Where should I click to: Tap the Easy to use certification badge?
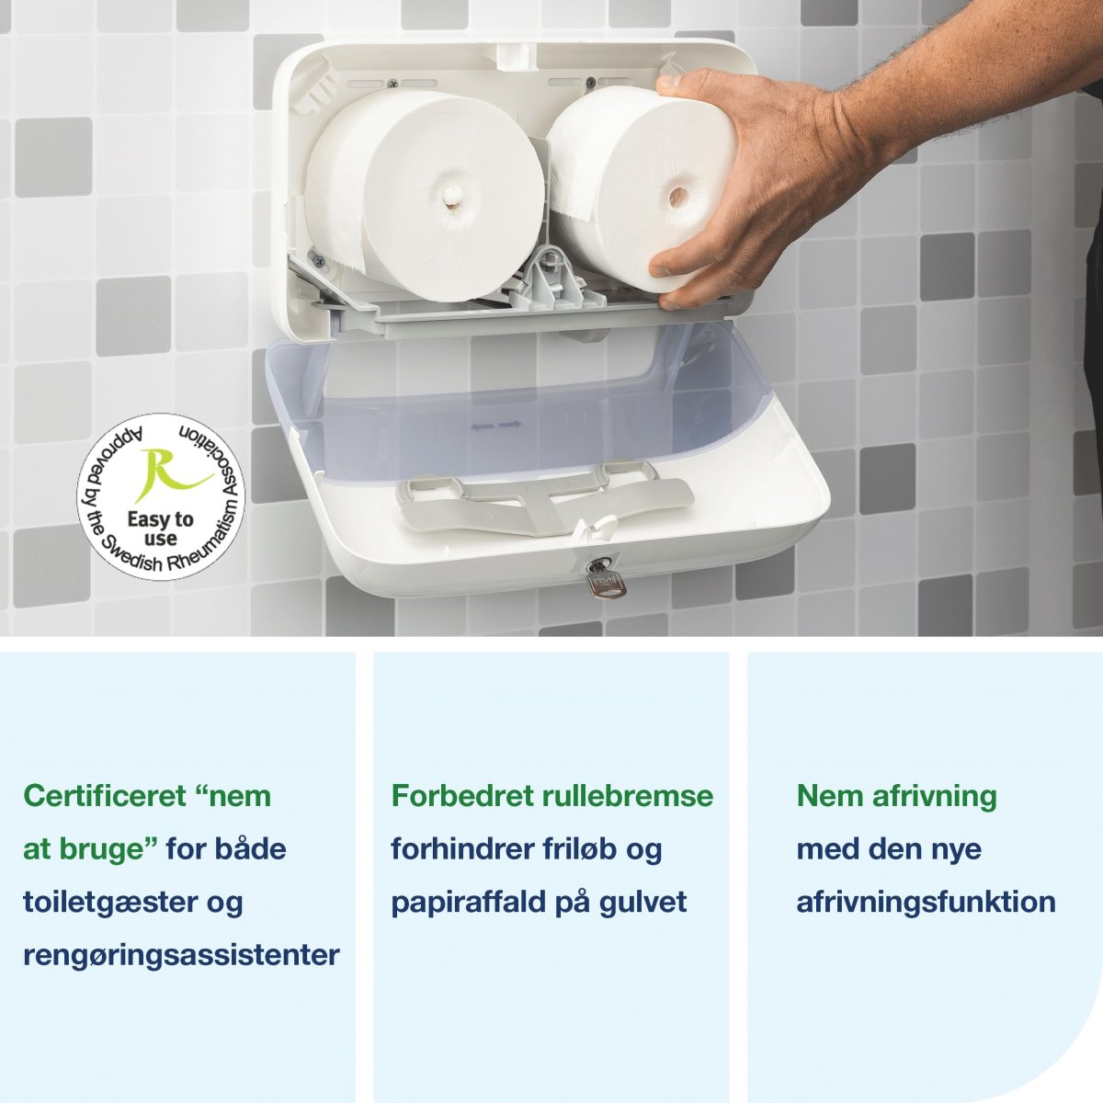(161, 496)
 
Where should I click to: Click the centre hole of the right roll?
(680, 196)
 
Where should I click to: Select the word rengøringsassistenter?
(181, 955)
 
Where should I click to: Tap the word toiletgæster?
(111, 902)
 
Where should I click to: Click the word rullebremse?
(628, 795)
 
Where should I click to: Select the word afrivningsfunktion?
(926, 902)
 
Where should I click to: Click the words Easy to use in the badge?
(161, 528)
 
